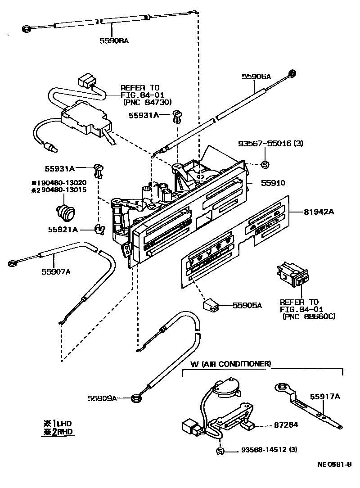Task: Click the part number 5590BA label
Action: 114,41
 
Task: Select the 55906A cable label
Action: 256,77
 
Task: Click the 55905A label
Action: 247,306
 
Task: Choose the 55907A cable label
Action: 56,271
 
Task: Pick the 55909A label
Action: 102,398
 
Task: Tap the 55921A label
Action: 63,230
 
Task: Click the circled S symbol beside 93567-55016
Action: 265,165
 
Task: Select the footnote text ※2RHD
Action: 57,432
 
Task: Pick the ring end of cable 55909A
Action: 135,398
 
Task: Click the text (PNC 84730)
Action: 147,103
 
